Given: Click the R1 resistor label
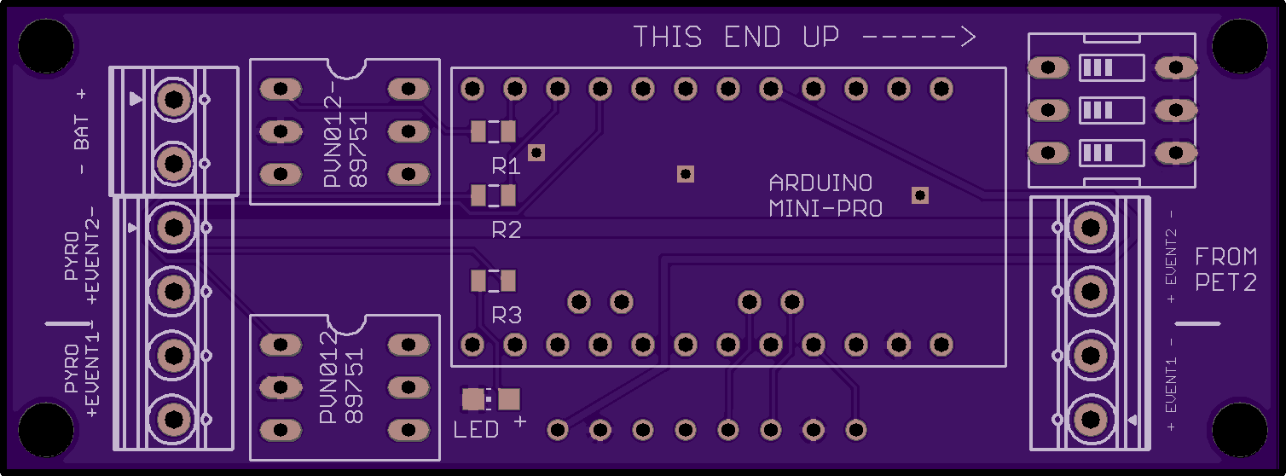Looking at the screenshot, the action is (506, 166).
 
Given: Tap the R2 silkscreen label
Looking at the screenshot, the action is (507, 229).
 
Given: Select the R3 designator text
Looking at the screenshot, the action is (507, 315).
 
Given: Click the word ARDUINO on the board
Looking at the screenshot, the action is (820, 183).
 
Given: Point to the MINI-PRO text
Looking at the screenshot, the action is (825, 208).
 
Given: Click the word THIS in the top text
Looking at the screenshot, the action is (668, 37).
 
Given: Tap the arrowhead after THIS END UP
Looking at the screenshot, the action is (967, 37).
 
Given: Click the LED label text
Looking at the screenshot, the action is (476, 429).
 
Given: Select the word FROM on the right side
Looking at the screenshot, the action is (1225, 257).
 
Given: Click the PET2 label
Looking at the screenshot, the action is (1225, 282).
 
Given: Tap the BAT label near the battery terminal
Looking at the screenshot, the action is (82, 132).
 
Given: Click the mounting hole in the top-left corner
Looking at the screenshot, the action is (46, 45).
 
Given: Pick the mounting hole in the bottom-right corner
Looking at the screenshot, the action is (1240, 429).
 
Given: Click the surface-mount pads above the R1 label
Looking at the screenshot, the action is (493, 131).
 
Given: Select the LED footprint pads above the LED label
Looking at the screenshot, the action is (491, 399).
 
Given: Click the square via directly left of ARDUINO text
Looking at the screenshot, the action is (686, 174).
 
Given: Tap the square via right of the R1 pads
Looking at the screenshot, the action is (536, 153).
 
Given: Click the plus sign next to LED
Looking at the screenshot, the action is (520, 422).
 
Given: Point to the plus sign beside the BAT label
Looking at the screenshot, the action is (82, 94).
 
